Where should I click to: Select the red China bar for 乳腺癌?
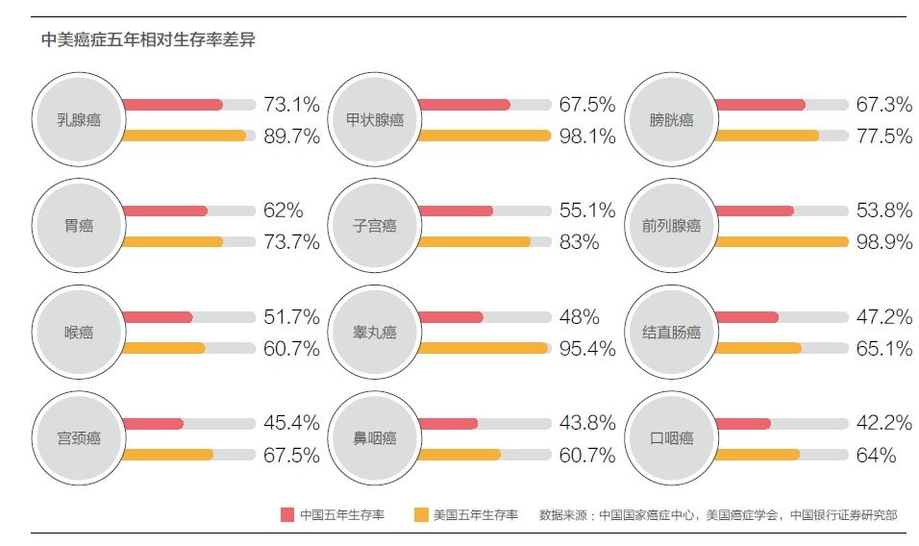pos(173,105)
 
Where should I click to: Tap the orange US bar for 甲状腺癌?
pos(484,136)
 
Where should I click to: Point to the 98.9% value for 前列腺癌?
pos(883,241)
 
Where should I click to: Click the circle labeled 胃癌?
pos(79,226)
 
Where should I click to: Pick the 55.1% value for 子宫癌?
pos(586,211)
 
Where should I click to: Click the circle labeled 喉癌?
pos(79,333)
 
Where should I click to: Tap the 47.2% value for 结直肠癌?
pos(883,316)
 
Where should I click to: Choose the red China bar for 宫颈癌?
pos(153,423)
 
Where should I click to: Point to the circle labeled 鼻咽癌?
pos(375,438)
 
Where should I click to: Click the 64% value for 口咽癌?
pos(876,454)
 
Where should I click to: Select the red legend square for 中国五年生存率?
pos(286,514)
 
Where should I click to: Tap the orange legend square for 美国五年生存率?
pos(420,514)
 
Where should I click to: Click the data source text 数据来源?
pos(718,514)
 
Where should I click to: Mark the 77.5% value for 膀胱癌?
pos(883,136)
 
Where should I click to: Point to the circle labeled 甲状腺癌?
pos(375,120)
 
